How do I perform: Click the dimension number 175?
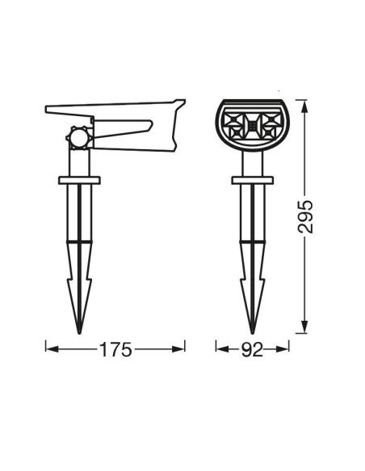point(115,349)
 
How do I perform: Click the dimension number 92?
point(252,349)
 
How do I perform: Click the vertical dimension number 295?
point(305,217)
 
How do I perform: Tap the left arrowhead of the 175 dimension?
point(52,349)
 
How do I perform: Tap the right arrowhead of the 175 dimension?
point(178,349)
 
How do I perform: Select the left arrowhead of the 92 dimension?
point(222,349)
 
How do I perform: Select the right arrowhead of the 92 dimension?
point(283,349)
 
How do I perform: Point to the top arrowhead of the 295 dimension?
point(304,106)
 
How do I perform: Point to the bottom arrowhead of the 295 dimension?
point(304,327)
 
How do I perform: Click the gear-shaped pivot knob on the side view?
point(79,138)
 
